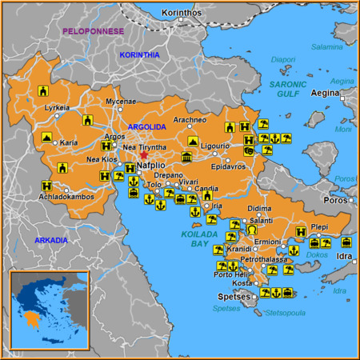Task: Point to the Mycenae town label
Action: coord(121,102)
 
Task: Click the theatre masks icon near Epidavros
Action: coord(249,150)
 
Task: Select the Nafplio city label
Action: coord(151,166)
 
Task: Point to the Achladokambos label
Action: coord(70,196)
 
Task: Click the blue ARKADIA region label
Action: coord(51,240)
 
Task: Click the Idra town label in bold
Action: coord(344,256)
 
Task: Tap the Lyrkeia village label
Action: coord(57,107)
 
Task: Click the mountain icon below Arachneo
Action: coord(192,141)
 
